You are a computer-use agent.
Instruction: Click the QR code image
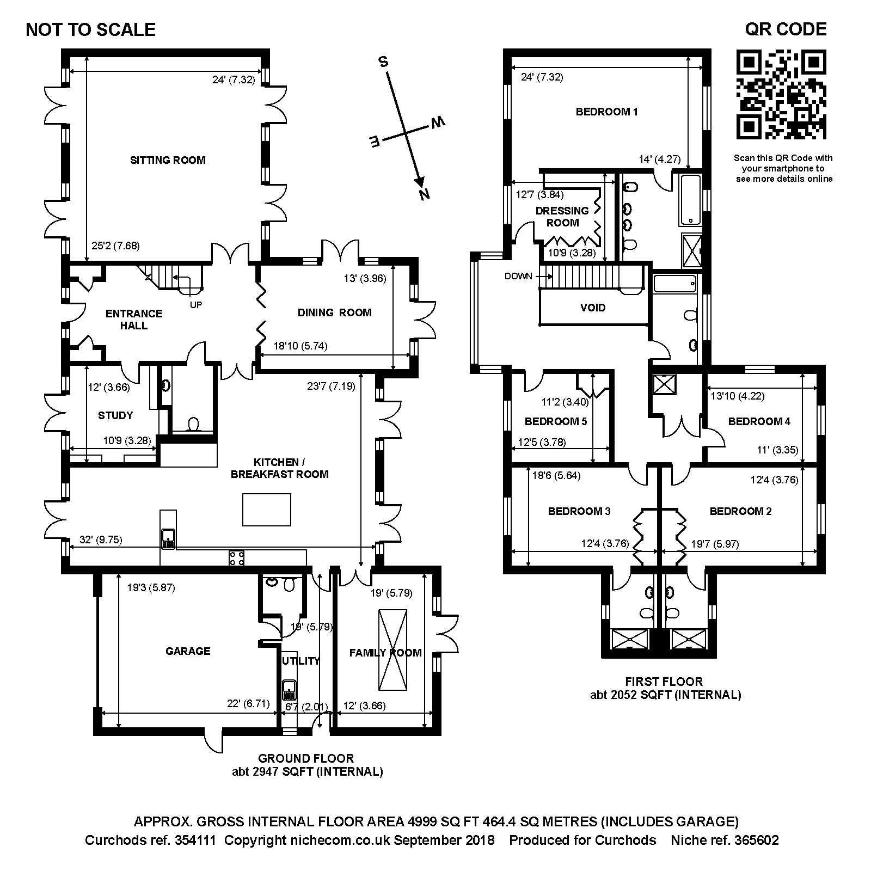click(x=781, y=94)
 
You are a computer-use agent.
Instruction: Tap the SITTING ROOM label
click(x=168, y=160)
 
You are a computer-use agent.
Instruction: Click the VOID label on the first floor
click(x=593, y=308)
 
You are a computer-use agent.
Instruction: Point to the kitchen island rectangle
click(x=267, y=510)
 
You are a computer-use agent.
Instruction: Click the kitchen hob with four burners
click(x=236, y=558)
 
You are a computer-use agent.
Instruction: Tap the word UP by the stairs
click(x=196, y=305)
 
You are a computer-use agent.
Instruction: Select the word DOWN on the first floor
click(x=518, y=276)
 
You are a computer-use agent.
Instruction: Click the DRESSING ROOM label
click(x=562, y=217)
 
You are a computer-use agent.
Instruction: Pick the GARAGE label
click(x=188, y=651)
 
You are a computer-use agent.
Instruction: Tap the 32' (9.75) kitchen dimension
click(x=101, y=540)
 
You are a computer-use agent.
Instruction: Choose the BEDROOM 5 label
click(x=556, y=421)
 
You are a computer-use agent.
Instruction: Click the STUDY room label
click(x=115, y=415)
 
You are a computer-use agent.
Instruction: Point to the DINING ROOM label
click(x=335, y=312)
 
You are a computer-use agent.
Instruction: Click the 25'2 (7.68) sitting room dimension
click(x=115, y=246)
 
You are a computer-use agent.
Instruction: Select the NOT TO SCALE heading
click(x=91, y=29)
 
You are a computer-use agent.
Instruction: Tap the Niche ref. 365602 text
click(x=725, y=840)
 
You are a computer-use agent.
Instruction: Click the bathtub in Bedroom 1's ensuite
click(x=690, y=200)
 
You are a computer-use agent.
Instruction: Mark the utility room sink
click(x=289, y=690)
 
